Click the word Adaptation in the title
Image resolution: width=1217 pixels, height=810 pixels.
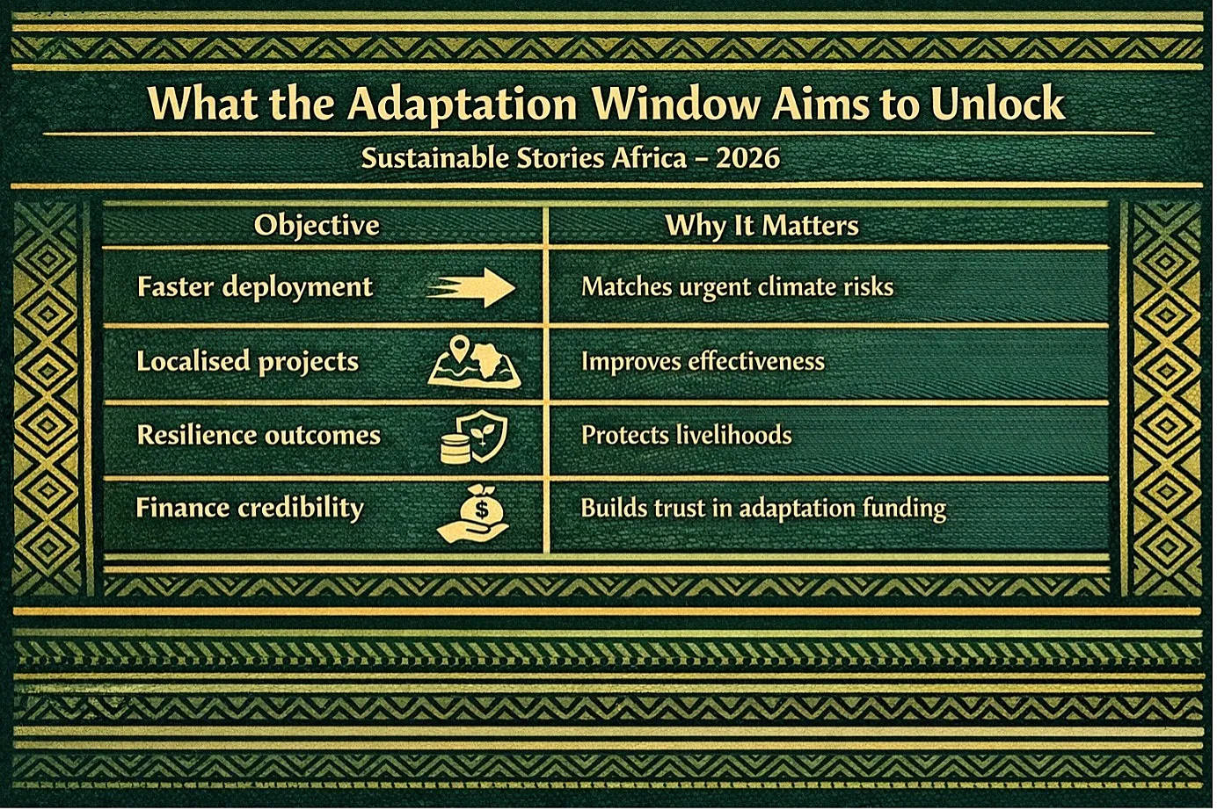coord(462,104)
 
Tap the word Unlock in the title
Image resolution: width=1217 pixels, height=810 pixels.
coord(997,102)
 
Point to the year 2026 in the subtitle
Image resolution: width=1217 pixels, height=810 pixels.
coord(747,158)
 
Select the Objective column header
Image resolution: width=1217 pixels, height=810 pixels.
coord(317,225)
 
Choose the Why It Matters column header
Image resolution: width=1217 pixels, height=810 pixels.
coord(762,226)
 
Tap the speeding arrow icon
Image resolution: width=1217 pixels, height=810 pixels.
coord(470,287)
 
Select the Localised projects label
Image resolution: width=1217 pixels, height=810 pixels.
coord(247,362)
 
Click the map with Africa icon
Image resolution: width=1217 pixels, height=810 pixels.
coord(474,363)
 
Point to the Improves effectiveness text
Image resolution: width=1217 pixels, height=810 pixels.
coord(703,361)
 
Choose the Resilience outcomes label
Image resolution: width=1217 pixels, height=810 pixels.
coord(259,435)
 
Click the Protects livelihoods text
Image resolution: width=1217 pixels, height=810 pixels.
coord(686,435)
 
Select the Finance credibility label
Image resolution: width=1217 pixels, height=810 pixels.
coord(250,509)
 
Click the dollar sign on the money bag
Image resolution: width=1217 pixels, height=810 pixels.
coord(481,510)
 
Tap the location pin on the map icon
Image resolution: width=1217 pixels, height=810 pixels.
coord(460,344)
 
